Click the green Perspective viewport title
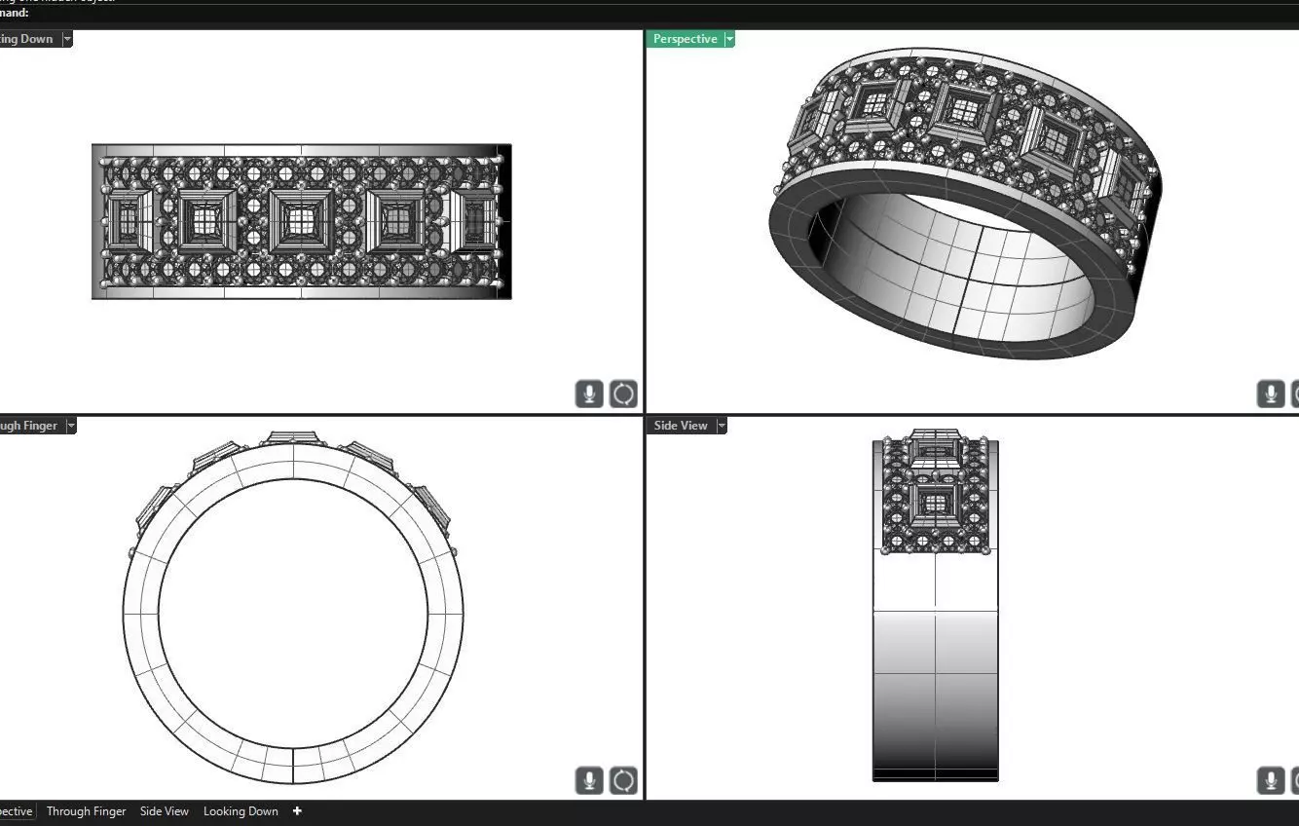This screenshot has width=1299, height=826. tap(685, 39)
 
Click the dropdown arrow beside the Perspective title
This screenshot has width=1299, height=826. tap(729, 39)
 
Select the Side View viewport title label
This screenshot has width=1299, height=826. tap(681, 426)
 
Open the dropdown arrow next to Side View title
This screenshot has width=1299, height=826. tap(722, 426)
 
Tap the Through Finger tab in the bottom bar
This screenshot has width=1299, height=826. tap(86, 811)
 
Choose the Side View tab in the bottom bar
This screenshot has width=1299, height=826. tap(165, 811)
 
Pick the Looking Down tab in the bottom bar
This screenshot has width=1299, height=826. tap(241, 811)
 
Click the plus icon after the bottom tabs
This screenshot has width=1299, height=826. tap(297, 811)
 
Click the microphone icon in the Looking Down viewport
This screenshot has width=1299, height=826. tap(589, 394)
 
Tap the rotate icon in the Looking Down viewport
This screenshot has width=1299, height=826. tap(623, 394)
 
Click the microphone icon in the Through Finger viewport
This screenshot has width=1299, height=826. tap(589, 780)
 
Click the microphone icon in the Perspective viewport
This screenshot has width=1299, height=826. tap(1270, 394)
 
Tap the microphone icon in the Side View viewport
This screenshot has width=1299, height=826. tap(1270, 780)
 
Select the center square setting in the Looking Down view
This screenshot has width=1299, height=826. tap(302, 221)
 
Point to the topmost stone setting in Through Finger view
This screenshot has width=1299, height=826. tap(293, 438)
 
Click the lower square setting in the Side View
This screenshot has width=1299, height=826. tap(935, 504)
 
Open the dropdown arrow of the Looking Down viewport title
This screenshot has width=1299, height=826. tap(67, 39)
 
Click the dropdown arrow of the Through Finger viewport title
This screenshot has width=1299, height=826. tap(70, 426)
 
